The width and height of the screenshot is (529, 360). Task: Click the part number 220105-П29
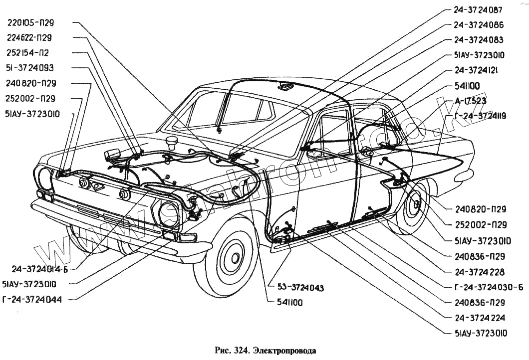31,22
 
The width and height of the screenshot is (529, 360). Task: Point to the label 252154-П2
28,52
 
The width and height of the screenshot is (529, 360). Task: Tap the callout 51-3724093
30,68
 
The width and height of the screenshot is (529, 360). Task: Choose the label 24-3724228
479,272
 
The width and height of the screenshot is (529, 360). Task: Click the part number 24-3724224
479,317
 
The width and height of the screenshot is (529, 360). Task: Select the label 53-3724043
300,288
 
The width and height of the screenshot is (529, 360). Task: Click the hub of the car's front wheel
233,258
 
